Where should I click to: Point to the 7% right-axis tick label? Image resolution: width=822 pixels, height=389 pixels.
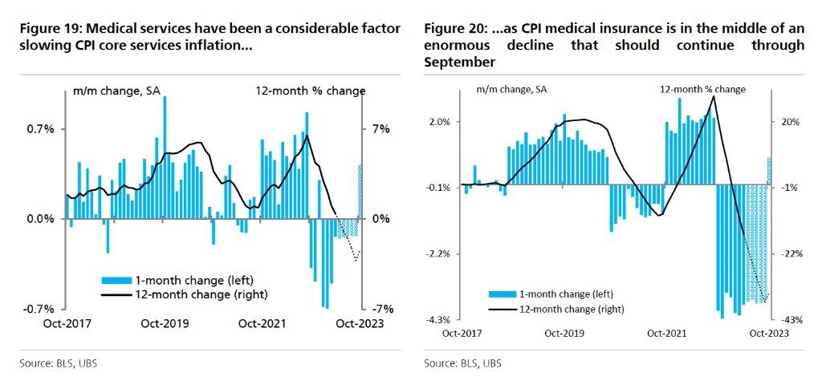click(380, 129)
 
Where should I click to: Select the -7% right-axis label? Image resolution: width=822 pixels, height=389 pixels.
click(380, 309)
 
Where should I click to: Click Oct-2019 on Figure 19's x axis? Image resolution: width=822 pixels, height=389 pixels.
click(165, 324)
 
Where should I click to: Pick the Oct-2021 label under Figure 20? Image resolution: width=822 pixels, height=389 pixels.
click(665, 333)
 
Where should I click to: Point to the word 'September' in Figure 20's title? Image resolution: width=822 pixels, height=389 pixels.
click(459, 61)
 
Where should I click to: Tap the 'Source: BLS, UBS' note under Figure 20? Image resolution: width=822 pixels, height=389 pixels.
click(462, 363)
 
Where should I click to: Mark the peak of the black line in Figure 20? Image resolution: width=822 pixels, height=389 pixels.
click(714, 96)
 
